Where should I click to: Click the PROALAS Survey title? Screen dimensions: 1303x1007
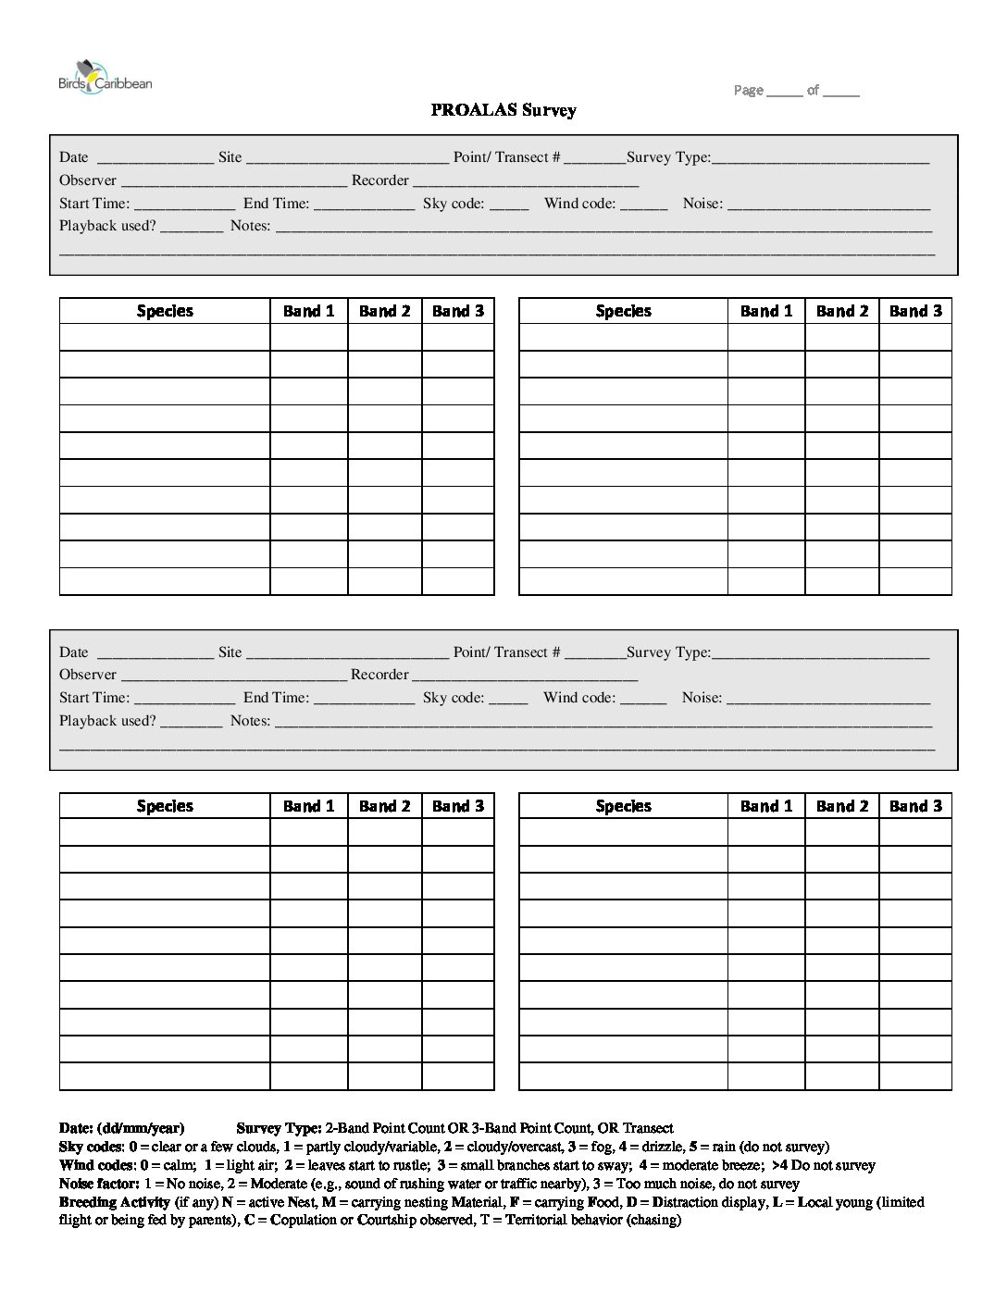(503, 110)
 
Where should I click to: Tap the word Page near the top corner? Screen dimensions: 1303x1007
(748, 90)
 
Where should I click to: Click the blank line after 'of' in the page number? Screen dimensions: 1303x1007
(840, 92)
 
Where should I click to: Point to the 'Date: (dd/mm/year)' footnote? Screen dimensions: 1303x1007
(121, 1128)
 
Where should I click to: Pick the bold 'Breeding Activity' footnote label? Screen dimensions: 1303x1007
(115, 1202)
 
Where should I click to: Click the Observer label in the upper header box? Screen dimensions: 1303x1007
(88, 180)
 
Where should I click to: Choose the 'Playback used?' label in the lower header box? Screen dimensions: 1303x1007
(107, 721)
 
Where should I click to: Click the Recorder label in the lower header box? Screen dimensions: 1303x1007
(379, 675)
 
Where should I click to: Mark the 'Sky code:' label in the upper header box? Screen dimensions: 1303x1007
(454, 204)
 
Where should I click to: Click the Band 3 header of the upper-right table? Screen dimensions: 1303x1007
(915, 311)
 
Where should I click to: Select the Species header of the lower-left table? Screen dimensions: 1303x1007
(165, 806)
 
